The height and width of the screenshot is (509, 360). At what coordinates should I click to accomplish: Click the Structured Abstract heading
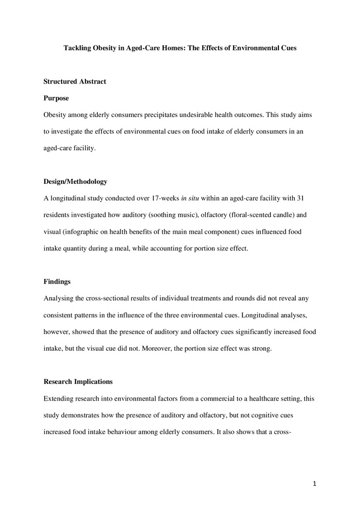coord(75,81)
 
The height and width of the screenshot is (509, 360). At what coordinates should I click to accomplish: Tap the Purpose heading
coord(56,98)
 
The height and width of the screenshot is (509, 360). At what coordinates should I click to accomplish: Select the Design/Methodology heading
coord(75,181)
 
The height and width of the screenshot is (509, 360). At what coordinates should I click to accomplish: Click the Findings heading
coord(56,281)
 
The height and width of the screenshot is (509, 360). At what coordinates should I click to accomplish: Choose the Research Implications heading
coord(78,381)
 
